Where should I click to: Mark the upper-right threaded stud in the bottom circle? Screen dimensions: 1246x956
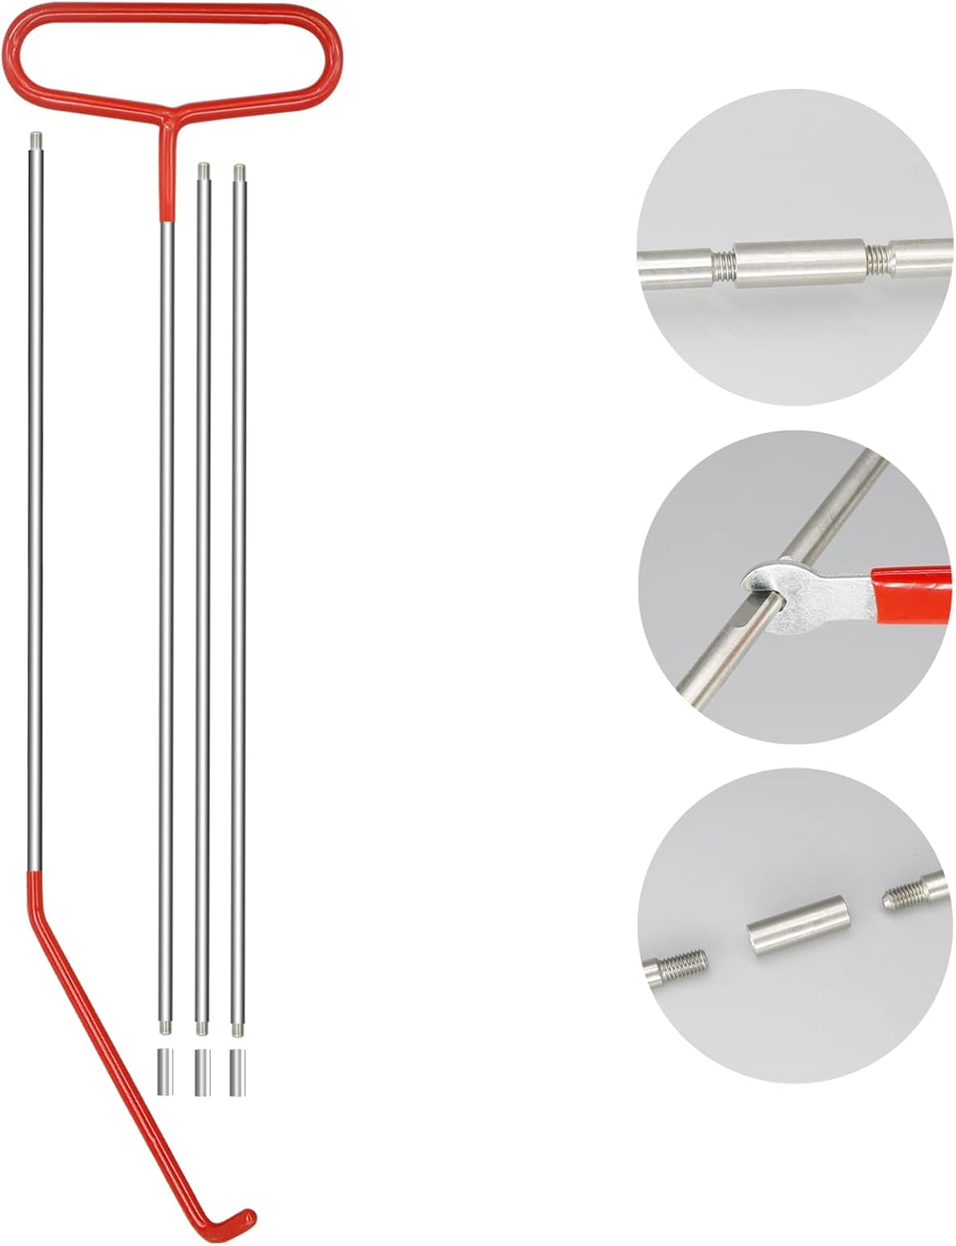909,893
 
